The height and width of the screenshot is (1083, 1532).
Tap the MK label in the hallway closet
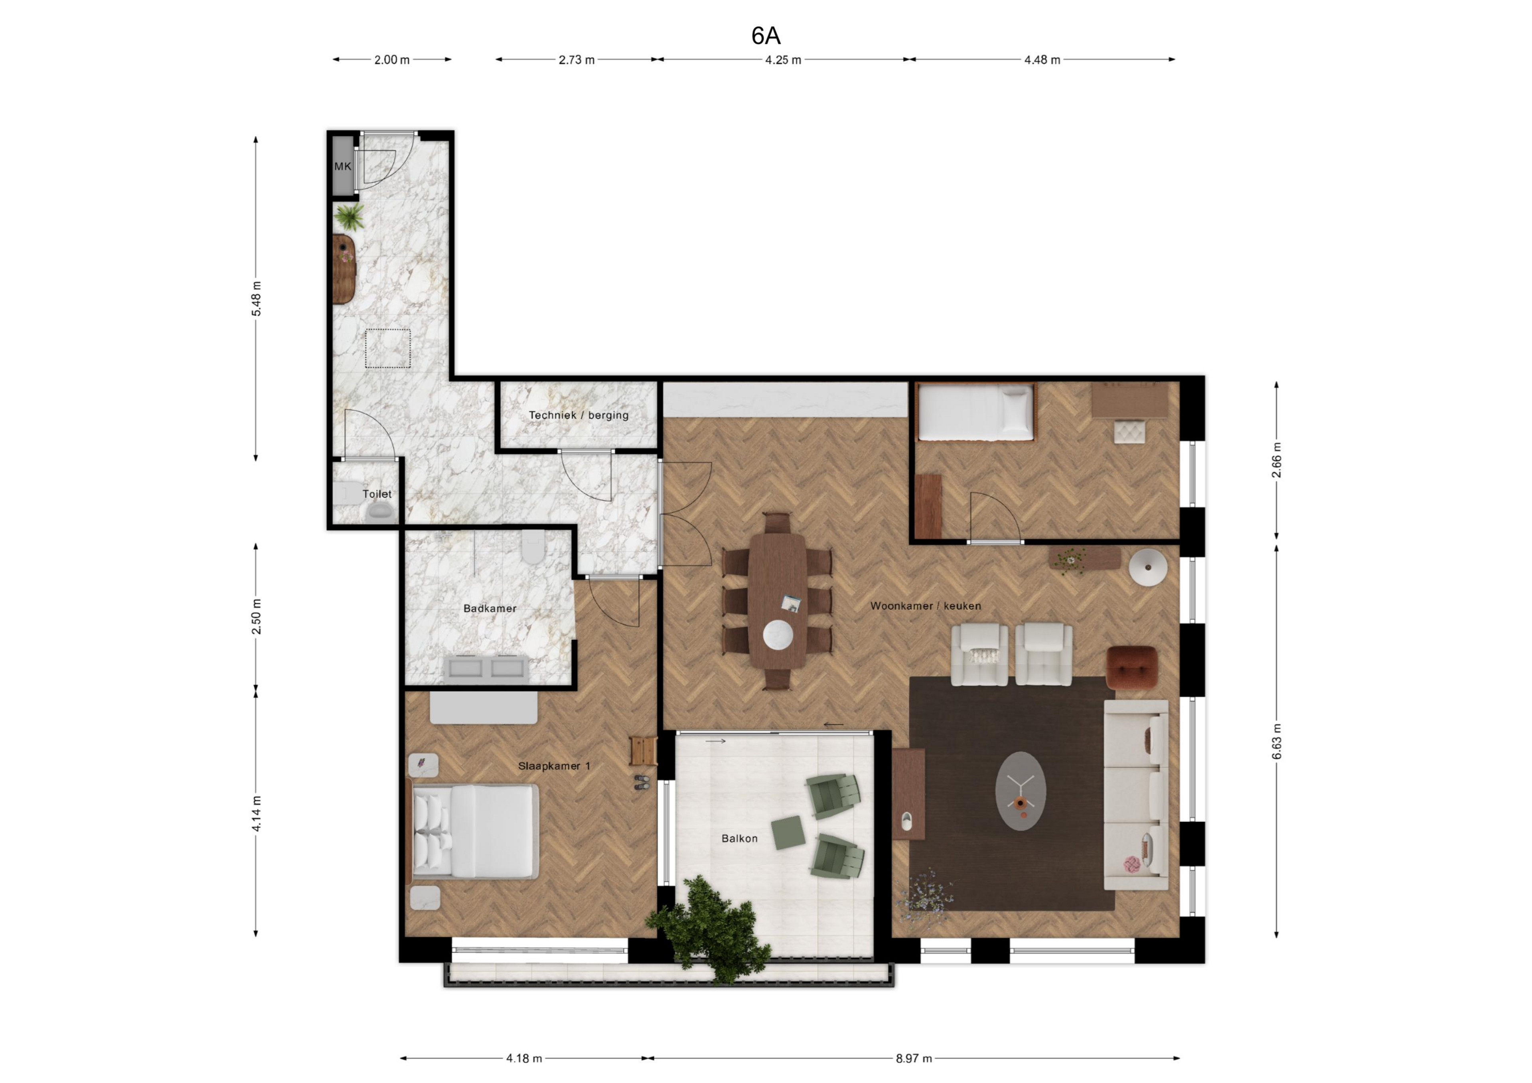pyautogui.click(x=342, y=166)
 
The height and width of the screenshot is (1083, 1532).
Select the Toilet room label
pyautogui.click(x=377, y=494)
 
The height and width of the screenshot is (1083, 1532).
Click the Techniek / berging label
pyautogui.click(x=578, y=415)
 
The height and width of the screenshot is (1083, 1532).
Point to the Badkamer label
pyautogui.click(x=490, y=609)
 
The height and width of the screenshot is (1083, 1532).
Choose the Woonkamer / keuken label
pyautogui.click(x=926, y=606)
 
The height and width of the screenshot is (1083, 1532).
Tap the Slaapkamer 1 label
pyautogui.click(x=554, y=766)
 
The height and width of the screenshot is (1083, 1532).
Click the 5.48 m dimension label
pyautogui.click(x=256, y=298)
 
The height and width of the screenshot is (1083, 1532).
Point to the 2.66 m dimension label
pyautogui.click(x=1276, y=460)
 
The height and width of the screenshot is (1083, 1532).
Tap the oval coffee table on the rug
pyautogui.click(x=1020, y=791)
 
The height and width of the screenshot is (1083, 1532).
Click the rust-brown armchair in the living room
pyautogui.click(x=1132, y=667)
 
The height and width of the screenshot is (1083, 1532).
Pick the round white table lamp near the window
pyautogui.click(x=1148, y=567)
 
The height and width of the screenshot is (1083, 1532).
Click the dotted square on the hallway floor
pyautogui.click(x=388, y=348)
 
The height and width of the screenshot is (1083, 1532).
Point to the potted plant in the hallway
pyautogui.click(x=349, y=216)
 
